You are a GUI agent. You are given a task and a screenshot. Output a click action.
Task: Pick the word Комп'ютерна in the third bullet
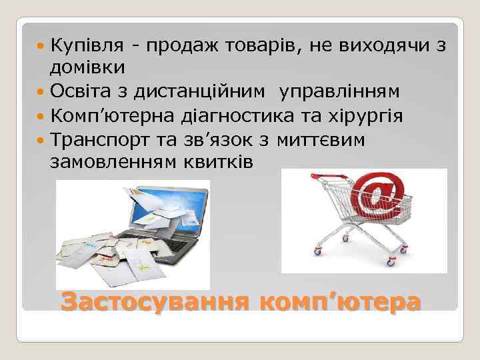(111, 115)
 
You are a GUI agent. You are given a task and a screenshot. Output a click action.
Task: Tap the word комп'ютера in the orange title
(341, 302)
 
